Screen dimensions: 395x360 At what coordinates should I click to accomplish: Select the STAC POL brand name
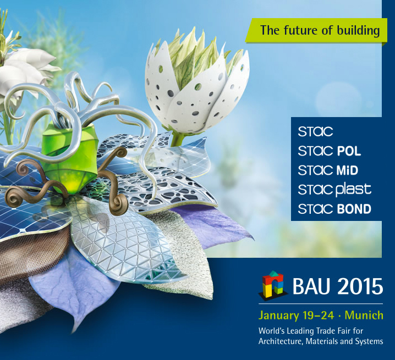click(329, 151)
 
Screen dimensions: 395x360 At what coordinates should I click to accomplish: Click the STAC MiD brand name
click(328, 170)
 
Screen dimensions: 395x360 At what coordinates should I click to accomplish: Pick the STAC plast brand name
click(334, 190)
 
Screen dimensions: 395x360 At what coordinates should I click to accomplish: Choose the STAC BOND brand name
click(334, 209)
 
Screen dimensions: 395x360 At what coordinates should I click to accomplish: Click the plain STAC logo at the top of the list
click(315, 131)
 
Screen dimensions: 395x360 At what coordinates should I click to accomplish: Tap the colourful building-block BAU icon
click(273, 285)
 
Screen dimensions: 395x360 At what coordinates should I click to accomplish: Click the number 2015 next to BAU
click(358, 286)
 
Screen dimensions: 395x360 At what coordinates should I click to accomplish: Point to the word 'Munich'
click(364, 315)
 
